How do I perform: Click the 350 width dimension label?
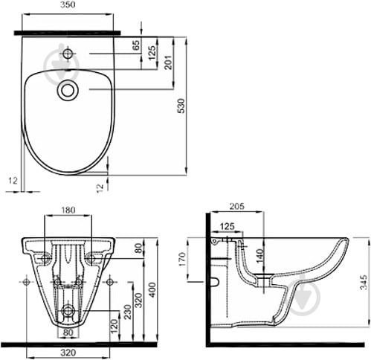(x=68, y=5)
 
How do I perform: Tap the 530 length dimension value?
(x=182, y=106)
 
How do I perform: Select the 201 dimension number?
(x=168, y=62)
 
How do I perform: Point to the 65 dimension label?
(x=136, y=45)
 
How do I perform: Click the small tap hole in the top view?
(x=68, y=54)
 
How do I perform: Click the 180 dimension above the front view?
(x=68, y=210)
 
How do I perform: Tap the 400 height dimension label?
(x=152, y=290)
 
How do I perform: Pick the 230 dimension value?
(x=127, y=312)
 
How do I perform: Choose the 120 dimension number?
(x=114, y=327)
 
